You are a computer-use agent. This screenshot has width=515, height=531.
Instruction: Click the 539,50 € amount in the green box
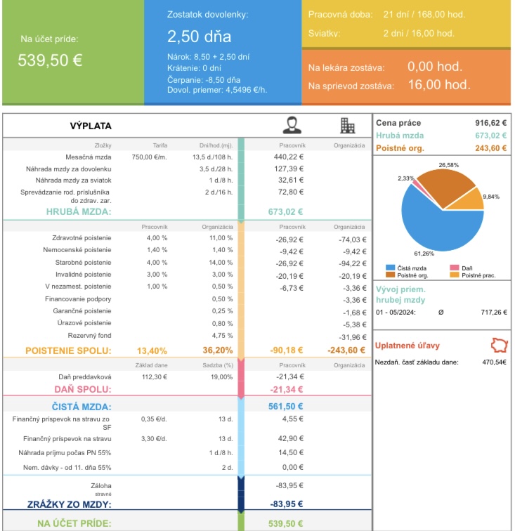[50, 60]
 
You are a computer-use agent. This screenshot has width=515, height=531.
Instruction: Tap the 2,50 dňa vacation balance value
[199, 37]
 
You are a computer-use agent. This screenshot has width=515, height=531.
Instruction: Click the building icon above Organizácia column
[347, 125]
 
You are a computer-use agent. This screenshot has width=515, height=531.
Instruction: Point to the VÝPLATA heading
[91, 126]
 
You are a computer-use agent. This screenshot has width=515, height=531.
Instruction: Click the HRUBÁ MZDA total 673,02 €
[285, 211]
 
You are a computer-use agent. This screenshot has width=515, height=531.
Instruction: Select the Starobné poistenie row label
[82, 263]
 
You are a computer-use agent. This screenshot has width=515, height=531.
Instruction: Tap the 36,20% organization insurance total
[218, 350]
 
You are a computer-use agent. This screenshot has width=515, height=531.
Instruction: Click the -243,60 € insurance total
[347, 350]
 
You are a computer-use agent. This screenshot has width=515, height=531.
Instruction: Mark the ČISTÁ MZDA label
[82, 406]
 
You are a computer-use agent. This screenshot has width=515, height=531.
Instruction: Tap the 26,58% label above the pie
[448, 164]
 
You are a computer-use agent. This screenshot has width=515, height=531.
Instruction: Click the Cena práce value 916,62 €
[491, 122]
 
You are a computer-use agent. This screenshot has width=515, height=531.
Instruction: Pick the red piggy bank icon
[497, 346]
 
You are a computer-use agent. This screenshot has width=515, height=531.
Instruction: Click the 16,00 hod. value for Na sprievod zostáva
[438, 85]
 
